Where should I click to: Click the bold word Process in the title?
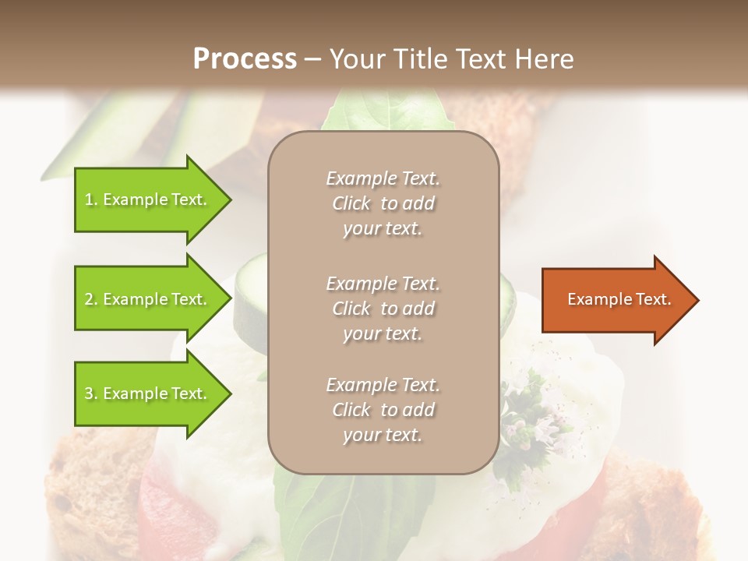point(245,59)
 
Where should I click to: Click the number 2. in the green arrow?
point(91,299)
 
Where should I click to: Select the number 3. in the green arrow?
point(91,393)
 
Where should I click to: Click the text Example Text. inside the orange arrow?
point(619,299)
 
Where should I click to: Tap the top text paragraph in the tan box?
point(383,203)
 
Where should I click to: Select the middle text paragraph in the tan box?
point(383,309)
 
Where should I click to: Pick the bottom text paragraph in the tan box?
point(383,410)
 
